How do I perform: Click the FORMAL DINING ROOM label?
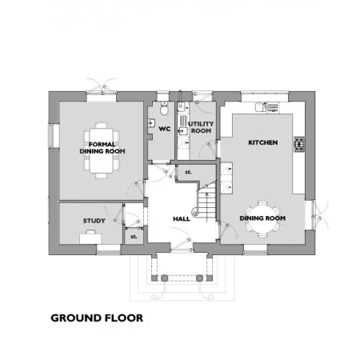pos(102,148)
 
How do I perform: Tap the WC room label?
pos(165,129)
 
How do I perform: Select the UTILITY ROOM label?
pos(201,127)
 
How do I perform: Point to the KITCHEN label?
pos(263,142)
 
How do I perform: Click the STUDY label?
pos(94,221)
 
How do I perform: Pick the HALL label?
pos(182,219)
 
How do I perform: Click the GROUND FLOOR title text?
pos(97,318)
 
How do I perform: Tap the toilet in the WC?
pos(164,109)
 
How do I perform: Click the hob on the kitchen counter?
pos(299,144)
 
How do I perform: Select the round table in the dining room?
pos(262,218)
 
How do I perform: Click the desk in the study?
pos(90,238)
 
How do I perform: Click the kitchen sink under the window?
pos(261,107)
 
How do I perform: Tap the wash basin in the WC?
pos(151,122)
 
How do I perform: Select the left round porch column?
pos(165,278)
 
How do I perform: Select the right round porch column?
pos(199,278)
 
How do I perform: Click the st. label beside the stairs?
pos(188,172)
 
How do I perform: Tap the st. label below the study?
pos(134,237)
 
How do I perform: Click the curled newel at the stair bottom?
pos(195,213)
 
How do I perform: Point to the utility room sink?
pos(183,131)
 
